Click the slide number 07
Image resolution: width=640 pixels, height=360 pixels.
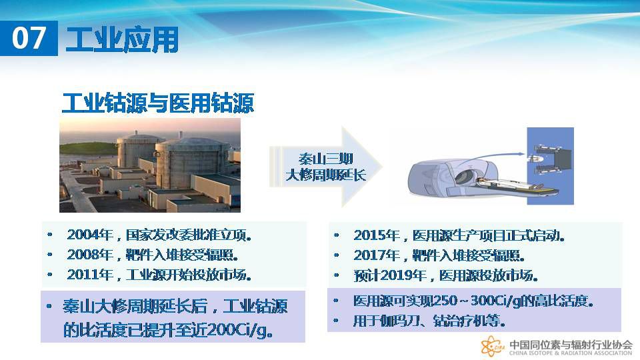click(28, 38)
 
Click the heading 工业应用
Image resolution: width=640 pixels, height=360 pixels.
click(122, 39)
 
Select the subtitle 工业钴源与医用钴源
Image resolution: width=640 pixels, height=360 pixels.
click(158, 103)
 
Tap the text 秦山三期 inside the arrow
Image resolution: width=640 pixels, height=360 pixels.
click(325, 159)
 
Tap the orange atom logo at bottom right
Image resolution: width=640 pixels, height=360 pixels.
click(493, 346)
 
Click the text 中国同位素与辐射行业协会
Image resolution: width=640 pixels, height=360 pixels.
click(571, 344)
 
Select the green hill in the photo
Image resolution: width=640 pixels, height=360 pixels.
click(87, 148)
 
